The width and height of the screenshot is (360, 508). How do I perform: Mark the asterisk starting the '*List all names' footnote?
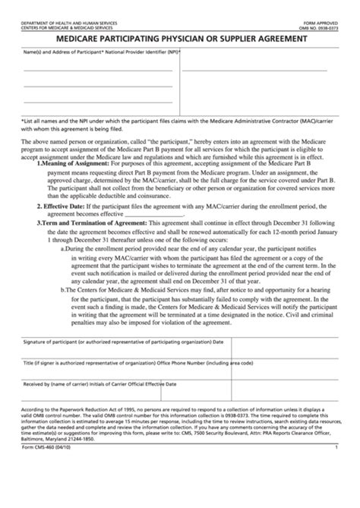[x=22, y=121]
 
